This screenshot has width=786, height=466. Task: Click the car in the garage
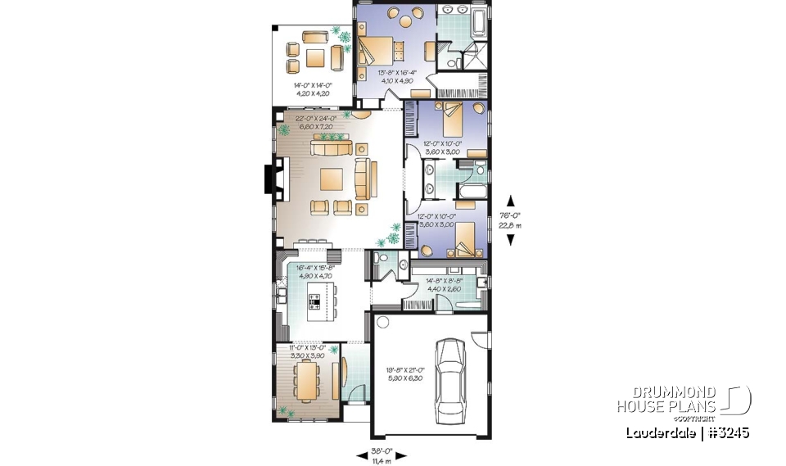450,377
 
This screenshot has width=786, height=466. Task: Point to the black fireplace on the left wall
268,180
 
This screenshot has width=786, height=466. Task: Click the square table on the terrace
314,57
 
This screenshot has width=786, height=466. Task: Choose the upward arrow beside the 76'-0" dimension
512,199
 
